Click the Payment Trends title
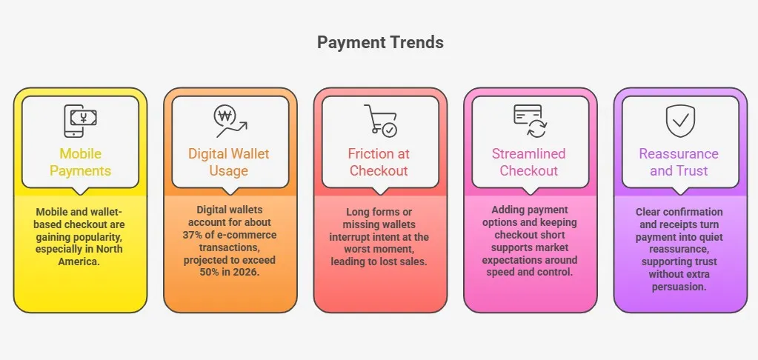click(x=380, y=42)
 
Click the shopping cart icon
click(x=379, y=121)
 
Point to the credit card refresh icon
click(x=530, y=121)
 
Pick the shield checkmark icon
click(x=679, y=121)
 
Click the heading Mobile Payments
click(x=80, y=162)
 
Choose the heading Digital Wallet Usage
click(x=229, y=162)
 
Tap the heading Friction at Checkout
click(x=379, y=162)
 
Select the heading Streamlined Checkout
click(x=529, y=162)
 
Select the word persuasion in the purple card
click(x=679, y=287)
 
